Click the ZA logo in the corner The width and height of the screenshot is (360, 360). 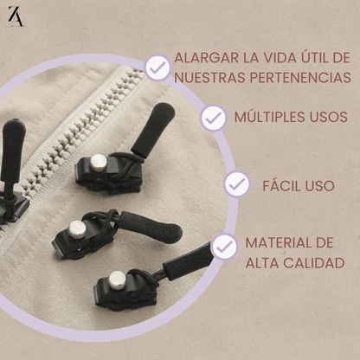click(15, 16)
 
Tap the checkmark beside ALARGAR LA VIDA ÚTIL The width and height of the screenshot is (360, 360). click(157, 67)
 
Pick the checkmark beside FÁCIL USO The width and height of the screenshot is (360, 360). click(237, 184)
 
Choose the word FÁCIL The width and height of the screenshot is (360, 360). click(280, 184)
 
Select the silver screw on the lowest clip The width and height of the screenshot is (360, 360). click(117, 280)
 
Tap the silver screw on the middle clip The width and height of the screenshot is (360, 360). click(79, 228)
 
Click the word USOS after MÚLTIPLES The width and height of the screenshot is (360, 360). click(326, 116)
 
